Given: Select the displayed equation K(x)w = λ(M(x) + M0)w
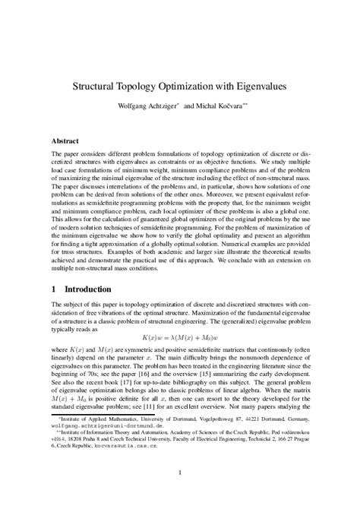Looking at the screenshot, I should (179, 335).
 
